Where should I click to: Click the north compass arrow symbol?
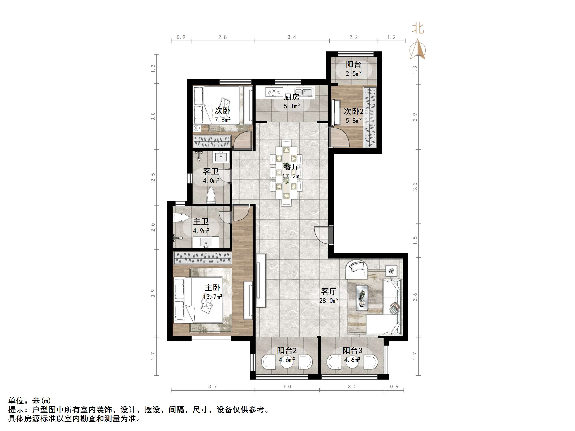[x=418, y=49]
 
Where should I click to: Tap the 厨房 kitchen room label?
[x=291, y=97]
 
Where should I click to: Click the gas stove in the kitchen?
[x=274, y=92]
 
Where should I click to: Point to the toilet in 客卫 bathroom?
[x=211, y=196]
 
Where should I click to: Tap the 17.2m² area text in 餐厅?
[x=292, y=176]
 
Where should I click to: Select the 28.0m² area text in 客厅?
[x=329, y=301]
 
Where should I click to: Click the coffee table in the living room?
[x=362, y=298]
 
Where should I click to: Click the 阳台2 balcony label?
[x=287, y=351]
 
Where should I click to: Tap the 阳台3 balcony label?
[x=352, y=351]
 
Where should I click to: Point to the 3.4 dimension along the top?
[x=292, y=37]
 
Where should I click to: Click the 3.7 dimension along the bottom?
[x=212, y=387]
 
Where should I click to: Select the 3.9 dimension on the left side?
[x=153, y=293]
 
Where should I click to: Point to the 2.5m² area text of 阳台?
[x=354, y=74]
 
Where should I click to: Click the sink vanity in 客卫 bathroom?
[x=221, y=157]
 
